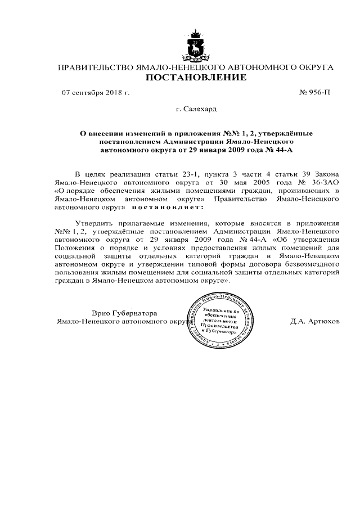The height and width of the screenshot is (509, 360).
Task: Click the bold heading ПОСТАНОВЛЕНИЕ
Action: coord(196,78)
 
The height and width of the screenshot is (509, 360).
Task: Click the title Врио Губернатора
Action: coord(124,313)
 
